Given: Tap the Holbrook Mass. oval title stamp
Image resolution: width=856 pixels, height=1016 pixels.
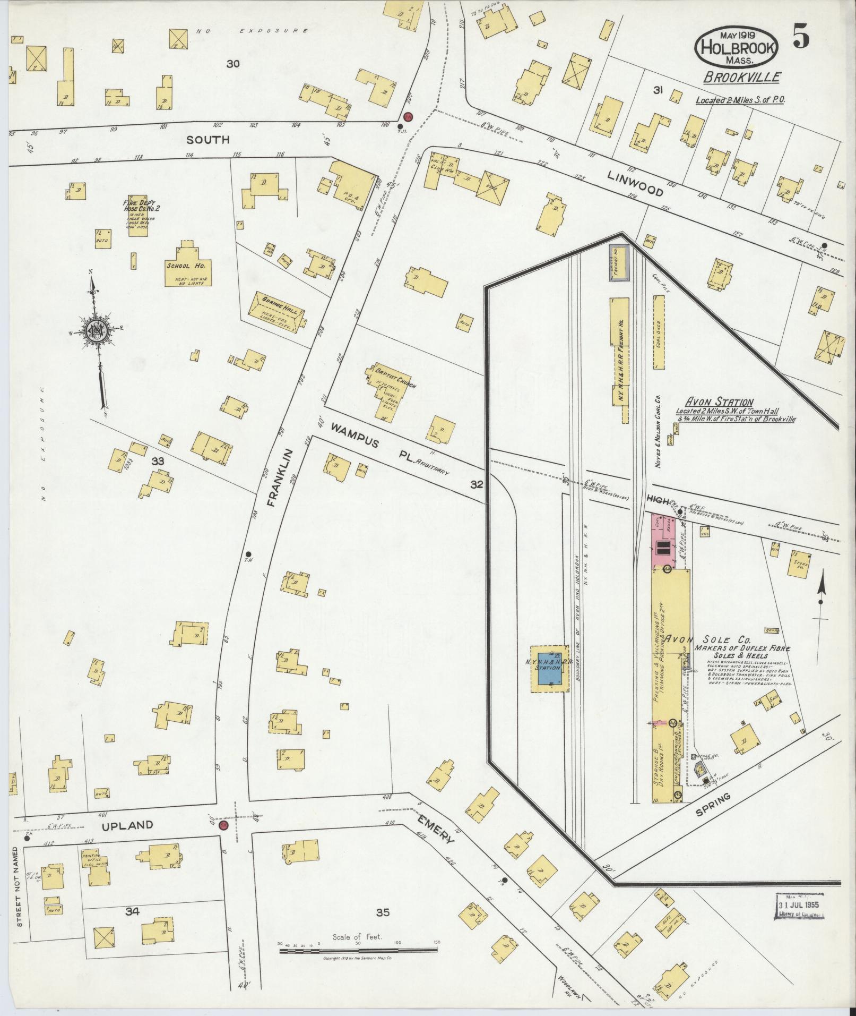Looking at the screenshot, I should pyautogui.click(x=736, y=46).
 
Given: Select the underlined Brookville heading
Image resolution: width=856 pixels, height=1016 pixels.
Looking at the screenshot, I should pyautogui.click(x=741, y=78).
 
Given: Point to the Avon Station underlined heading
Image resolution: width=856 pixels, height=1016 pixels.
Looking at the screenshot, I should pyautogui.click(x=719, y=402).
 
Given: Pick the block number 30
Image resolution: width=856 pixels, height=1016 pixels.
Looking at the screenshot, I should pyautogui.click(x=232, y=64).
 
